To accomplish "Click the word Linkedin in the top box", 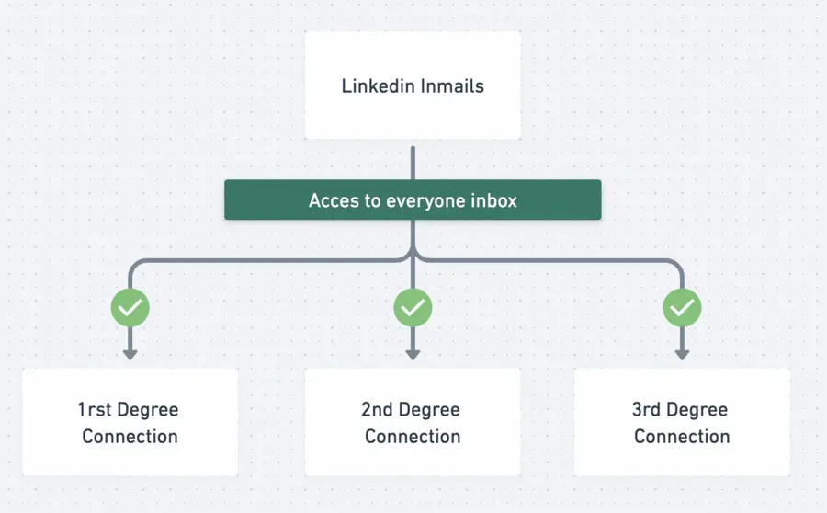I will (378, 86).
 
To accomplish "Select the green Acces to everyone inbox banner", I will (413, 199).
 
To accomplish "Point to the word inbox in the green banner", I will (493, 200).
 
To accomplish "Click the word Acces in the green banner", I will (332, 200).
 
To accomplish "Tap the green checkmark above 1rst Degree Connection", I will (130, 308).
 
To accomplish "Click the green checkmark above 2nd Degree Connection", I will (413, 308).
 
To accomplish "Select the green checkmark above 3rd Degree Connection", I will (682, 308).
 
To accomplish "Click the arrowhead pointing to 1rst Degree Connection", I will (130, 353).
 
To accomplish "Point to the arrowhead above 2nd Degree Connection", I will (413, 353).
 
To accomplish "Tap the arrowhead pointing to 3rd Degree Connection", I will (682, 353).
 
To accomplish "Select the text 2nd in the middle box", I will (378, 410).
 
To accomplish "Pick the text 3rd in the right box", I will (647, 410).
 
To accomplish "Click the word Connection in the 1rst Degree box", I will (130, 436).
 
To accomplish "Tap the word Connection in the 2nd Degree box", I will (413, 436).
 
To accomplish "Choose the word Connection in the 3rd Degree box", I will (682, 436).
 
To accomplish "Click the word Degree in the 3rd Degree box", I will (699, 410).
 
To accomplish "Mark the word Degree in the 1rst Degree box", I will (147, 410).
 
